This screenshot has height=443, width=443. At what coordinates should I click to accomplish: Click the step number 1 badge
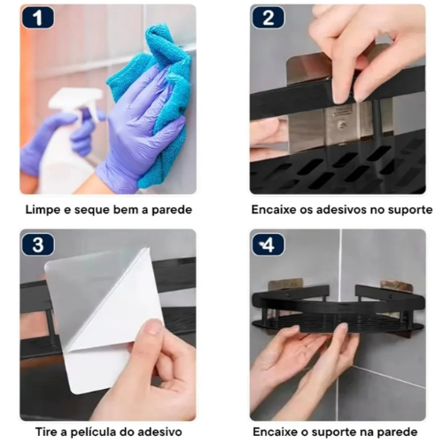(x=38, y=18)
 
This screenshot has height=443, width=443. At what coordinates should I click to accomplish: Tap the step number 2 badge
(x=268, y=18)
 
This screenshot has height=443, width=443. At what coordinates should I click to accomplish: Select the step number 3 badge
(x=38, y=245)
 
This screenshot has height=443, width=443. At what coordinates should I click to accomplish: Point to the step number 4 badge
(x=268, y=245)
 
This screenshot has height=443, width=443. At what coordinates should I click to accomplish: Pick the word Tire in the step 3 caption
(x=46, y=432)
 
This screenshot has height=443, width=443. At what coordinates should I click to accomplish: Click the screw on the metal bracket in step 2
(x=343, y=127)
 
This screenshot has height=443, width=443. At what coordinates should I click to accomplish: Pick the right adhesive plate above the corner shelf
(x=395, y=285)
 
